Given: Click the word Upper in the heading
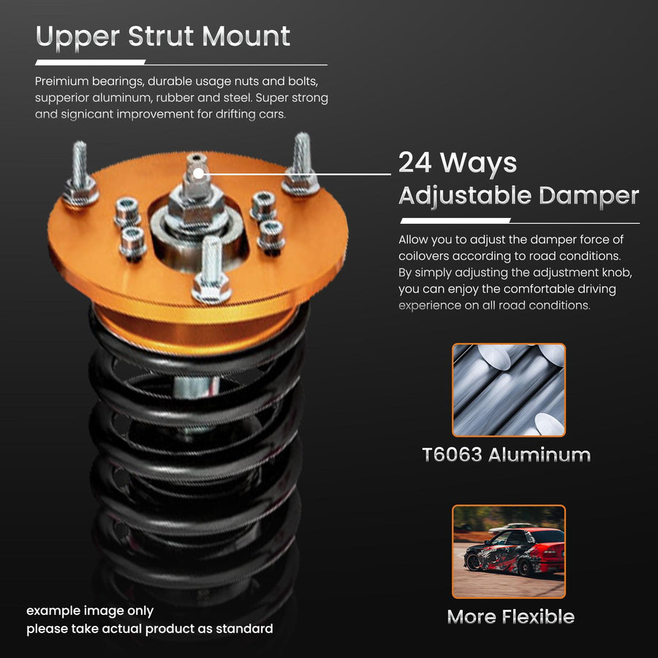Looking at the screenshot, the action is tap(77, 37).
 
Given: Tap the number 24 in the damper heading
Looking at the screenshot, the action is tap(415, 162).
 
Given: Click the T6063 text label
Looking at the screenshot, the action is tap(452, 455).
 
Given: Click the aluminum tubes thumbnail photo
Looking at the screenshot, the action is tap(509, 390).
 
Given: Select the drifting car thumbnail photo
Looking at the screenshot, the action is tap(509, 551).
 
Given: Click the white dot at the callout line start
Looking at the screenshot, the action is tap(197, 173).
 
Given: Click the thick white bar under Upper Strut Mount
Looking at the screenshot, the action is tap(90, 62).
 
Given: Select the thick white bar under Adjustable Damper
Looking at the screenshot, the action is tap(455, 220).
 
